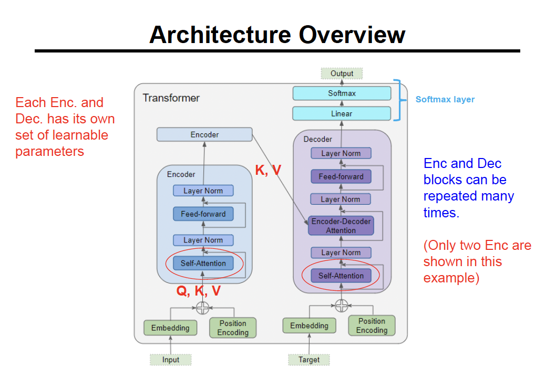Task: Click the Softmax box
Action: pos(342,93)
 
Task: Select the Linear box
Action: pos(342,113)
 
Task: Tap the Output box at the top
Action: pos(342,73)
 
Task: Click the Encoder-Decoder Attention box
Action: pos(341,226)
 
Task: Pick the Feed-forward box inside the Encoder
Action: pos(203,214)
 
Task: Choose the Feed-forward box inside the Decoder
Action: pos(341,176)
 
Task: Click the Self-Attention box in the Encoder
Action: pos(203,263)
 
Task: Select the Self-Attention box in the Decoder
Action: pos(341,276)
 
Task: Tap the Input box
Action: pos(170,360)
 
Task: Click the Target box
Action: pos(309,360)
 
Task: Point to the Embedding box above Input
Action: pos(170,328)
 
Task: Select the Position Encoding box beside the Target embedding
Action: pos(372,325)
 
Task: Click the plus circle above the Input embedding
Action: pos(203,307)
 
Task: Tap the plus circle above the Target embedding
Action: pos(342,305)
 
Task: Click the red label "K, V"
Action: pos(268,170)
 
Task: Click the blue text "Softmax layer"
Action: pos(445,99)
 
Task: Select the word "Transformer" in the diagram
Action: pos(171,98)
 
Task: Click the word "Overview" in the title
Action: pos(352,35)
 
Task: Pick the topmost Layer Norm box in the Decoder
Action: pos(341,153)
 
